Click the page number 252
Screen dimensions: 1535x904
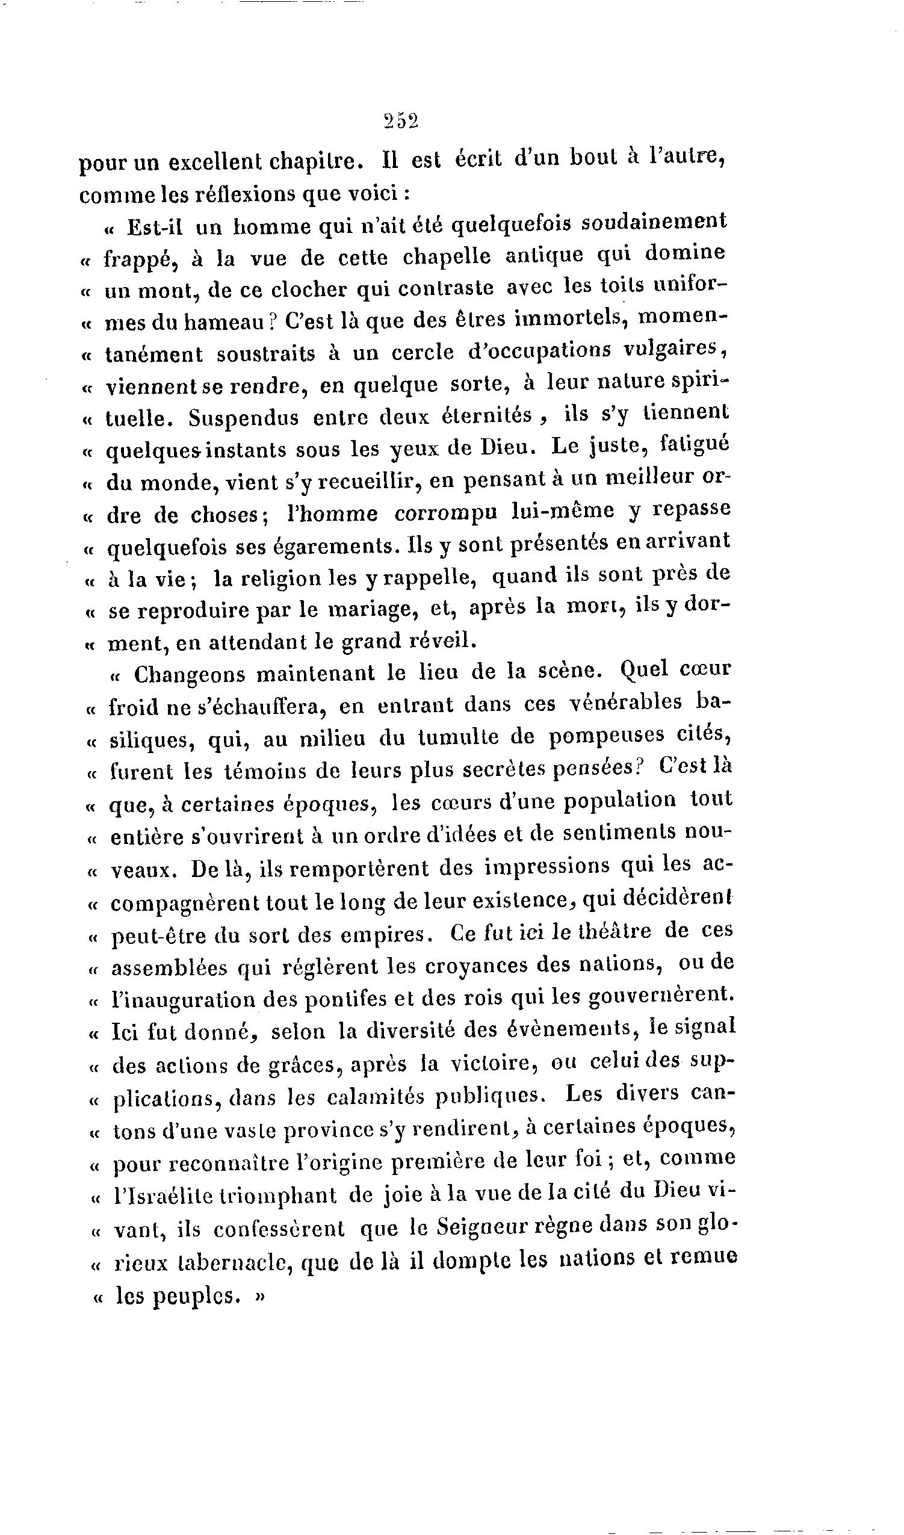point(401,122)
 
